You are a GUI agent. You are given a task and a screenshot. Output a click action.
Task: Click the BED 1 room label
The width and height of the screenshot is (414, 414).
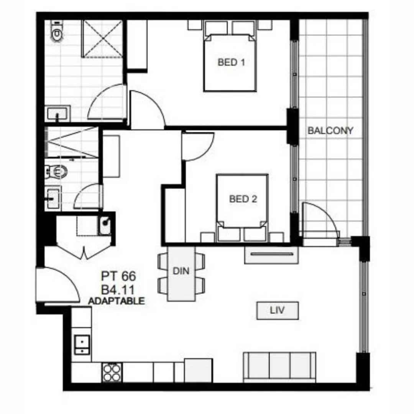click(x=231, y=62)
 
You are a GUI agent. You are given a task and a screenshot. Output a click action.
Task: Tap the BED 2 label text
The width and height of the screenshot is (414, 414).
click(x=243, y=199)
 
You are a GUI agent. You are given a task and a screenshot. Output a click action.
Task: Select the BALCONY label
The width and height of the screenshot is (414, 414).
click(x=330, y=130)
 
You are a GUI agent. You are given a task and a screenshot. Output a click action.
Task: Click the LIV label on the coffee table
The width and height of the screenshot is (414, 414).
click(x=277, y=310)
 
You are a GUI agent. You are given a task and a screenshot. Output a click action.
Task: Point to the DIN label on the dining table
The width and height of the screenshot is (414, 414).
click(x=181, y=271)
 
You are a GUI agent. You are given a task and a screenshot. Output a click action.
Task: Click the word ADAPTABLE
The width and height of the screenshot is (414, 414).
click(x=117, y=301)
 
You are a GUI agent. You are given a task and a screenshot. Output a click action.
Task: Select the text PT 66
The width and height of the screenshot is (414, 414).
click(x=118, y=276)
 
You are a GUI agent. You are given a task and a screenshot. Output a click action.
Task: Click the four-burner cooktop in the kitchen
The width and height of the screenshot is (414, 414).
click(x=112, y=371)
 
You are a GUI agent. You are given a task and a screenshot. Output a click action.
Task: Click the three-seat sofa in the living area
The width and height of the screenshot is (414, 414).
click(x=280, y=367)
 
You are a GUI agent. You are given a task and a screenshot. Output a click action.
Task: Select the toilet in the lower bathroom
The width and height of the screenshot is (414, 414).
click(x=56, y=171)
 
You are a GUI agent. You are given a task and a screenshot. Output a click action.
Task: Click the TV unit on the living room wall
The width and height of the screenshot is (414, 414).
click(x=271, y=255)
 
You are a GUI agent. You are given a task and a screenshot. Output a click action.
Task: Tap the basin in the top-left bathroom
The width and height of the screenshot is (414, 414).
click(x=57, y=114)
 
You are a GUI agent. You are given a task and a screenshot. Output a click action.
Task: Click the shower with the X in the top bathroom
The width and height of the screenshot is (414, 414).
click(x=102, y=38)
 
